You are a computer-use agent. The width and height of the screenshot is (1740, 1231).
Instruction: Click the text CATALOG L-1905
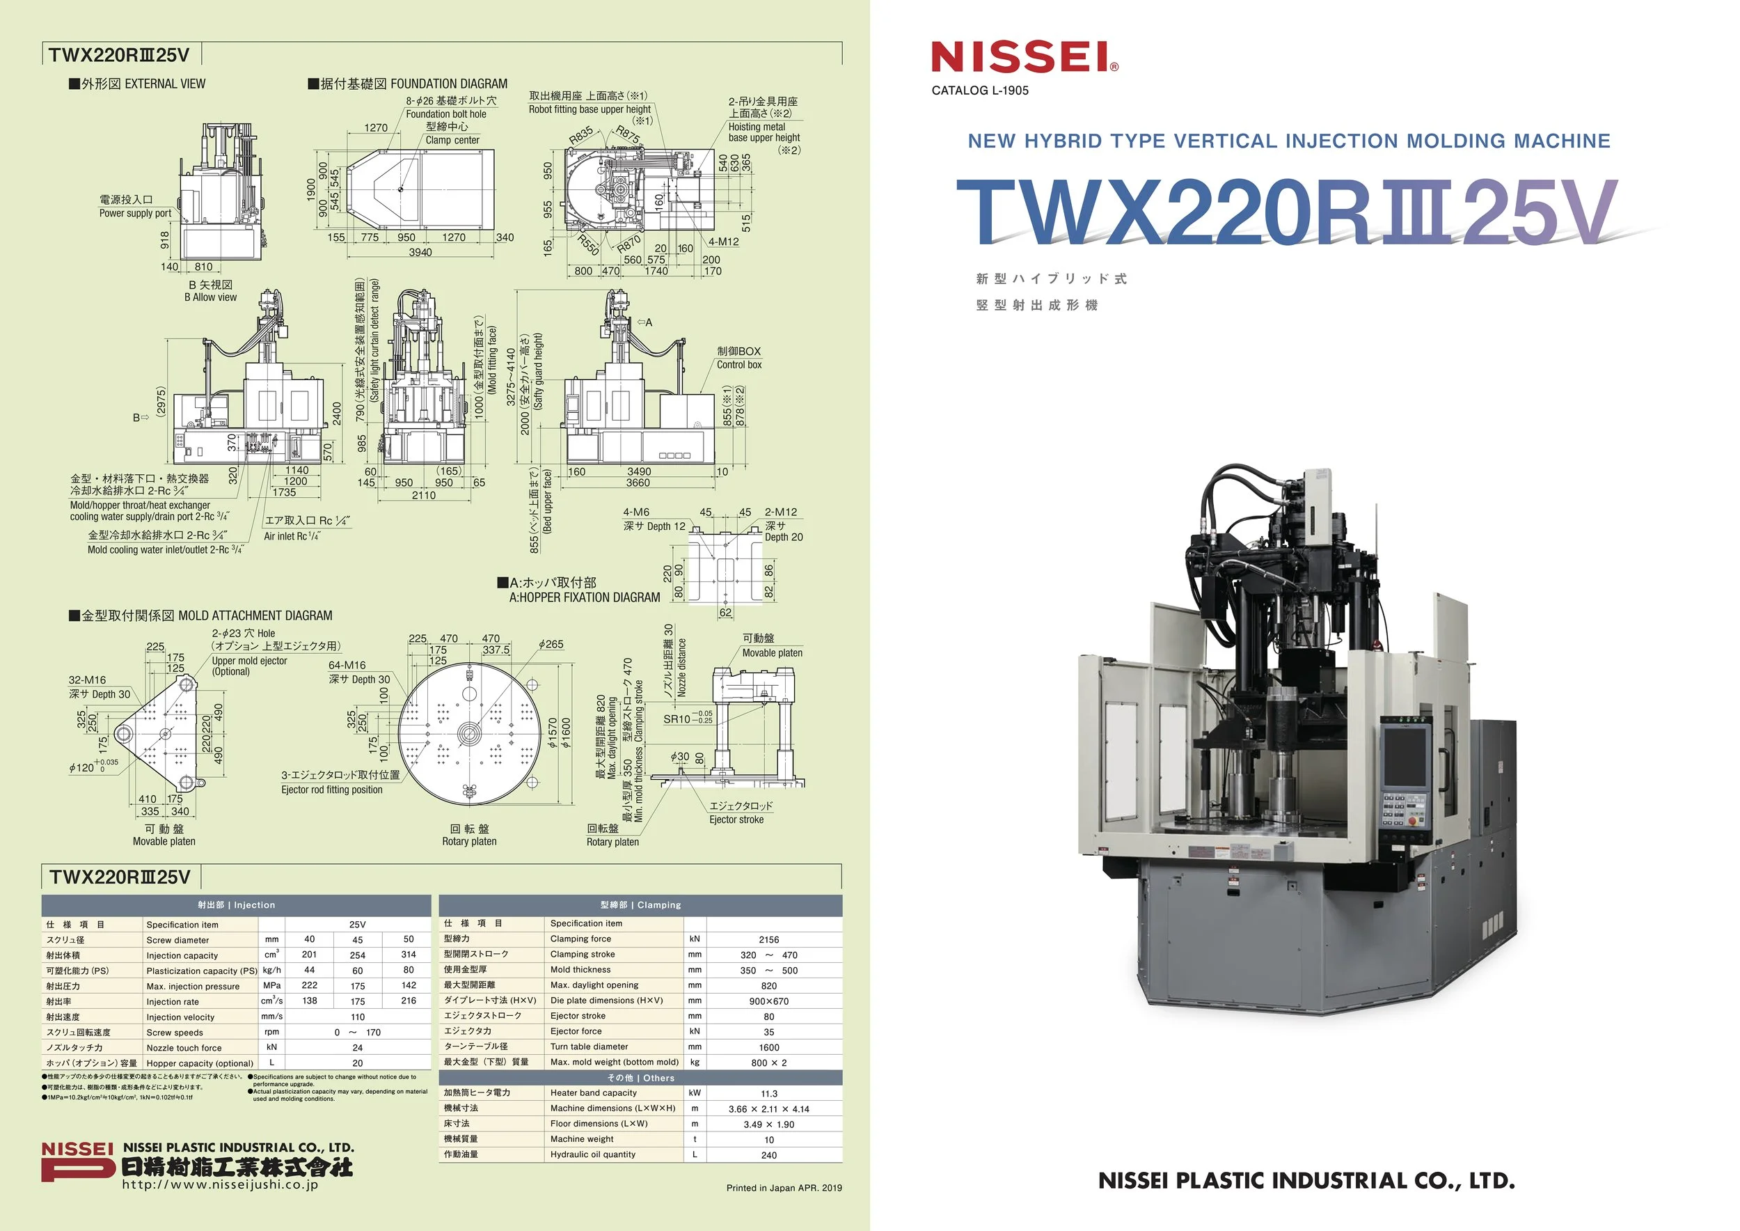980,91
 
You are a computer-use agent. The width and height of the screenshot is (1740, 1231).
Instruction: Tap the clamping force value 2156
768,939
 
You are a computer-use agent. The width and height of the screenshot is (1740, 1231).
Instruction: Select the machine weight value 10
768,1139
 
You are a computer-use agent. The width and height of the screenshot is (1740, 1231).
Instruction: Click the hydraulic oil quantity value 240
768,1155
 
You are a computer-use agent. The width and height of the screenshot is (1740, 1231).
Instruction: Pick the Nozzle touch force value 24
357,1048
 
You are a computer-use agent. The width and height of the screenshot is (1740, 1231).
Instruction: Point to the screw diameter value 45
357,940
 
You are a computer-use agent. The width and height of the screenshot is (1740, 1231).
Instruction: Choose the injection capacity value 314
409,955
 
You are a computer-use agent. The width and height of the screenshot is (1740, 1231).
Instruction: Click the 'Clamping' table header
640,905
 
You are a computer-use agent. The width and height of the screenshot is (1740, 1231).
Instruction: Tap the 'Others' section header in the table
640,1078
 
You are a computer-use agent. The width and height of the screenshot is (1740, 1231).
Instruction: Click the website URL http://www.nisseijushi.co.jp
220,1185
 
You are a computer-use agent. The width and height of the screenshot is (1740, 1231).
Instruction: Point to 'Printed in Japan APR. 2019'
784,1188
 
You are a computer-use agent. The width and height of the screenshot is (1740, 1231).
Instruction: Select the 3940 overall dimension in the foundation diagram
420,253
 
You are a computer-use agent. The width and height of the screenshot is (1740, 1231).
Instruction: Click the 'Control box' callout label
739,365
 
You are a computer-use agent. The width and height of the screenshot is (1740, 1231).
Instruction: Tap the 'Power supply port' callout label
135,213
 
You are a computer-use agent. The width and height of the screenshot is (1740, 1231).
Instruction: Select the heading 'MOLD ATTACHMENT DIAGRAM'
255,615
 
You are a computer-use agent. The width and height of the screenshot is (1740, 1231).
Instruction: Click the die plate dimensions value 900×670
768,1001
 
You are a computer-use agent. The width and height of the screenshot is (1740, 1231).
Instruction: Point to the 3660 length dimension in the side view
638,483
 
